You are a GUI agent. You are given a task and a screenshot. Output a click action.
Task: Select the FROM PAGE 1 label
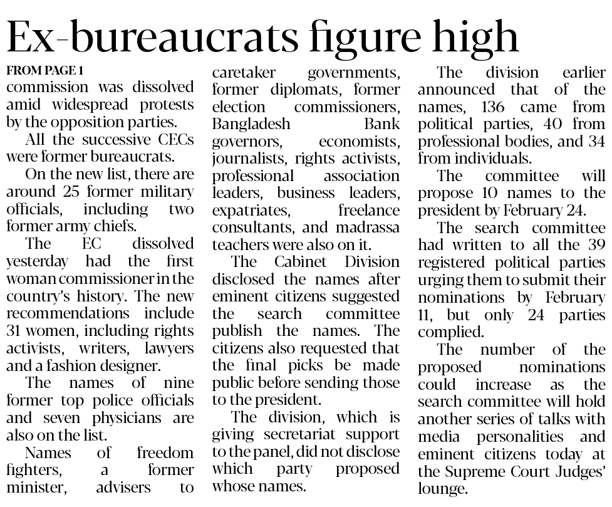44,70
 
